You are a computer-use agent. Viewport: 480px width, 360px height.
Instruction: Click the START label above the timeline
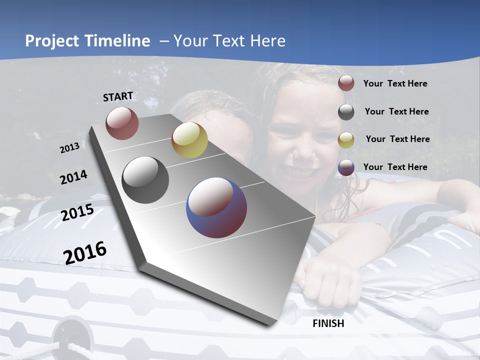coord(118,96)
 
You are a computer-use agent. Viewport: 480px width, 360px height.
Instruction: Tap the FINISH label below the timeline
coord(328,323)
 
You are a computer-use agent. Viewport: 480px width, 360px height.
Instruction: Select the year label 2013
coord(69,148)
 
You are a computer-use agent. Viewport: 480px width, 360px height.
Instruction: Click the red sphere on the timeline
coord(122,123)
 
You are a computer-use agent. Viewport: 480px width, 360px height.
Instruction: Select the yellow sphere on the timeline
coord(189,140)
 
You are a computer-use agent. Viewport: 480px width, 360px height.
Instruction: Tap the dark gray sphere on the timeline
coord(145,180)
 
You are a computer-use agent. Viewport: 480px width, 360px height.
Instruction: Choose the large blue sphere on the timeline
coord(216,207)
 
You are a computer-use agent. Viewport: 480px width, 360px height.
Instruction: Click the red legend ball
coord(346,83)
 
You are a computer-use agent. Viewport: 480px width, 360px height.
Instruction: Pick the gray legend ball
coord(346,112)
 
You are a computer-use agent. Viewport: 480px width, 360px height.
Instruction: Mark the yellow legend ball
coord(346,140)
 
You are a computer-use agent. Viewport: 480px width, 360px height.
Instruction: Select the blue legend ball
coord(346,167)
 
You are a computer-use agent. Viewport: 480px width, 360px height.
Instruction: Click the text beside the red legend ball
coord(395,83)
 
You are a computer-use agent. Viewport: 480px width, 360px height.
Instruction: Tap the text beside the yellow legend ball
coord(397,139)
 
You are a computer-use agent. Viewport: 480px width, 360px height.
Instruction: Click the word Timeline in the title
coord(117,41)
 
